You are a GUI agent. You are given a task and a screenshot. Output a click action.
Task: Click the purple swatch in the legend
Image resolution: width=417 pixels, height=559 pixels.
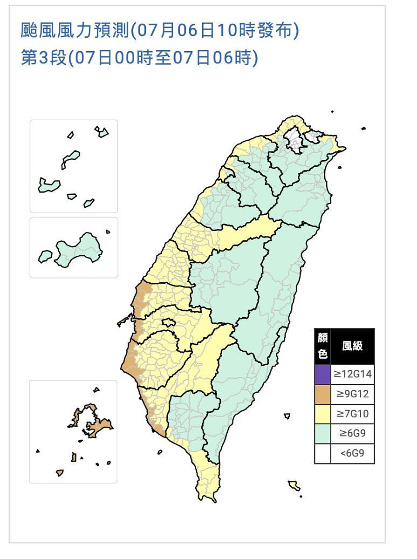tap(322, 373)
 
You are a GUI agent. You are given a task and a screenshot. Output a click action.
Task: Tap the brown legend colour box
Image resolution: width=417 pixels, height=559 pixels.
tap(322, 394)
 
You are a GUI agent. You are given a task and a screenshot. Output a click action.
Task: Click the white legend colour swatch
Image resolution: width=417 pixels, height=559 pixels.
tap(322, 453)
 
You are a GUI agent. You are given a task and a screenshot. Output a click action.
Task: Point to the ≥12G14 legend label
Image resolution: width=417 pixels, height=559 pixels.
tap(352, 373)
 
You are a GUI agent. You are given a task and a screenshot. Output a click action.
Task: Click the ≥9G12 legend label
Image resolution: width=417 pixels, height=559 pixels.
tap(352, 394)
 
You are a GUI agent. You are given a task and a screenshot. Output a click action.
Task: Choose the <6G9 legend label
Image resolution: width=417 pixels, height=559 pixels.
tap(352, 453)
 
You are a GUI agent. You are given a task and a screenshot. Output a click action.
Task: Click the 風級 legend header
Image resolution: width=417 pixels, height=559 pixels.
tap(352, 346)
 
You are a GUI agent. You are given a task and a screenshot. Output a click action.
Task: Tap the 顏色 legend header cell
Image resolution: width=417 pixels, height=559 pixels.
tap(322, 346)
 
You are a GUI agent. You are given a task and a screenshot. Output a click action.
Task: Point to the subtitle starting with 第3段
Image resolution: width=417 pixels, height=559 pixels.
tap(139, 58)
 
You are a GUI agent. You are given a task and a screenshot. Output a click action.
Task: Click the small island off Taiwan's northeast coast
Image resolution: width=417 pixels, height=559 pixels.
tap(340, 168)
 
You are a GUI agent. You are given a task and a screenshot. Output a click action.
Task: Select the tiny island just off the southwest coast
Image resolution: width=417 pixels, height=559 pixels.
tap(160, 451)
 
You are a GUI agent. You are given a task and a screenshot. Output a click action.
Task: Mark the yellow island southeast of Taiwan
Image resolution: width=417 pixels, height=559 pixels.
tap(294, 485)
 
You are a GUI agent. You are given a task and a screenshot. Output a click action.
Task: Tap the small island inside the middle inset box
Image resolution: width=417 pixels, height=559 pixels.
tap(45, 256)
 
